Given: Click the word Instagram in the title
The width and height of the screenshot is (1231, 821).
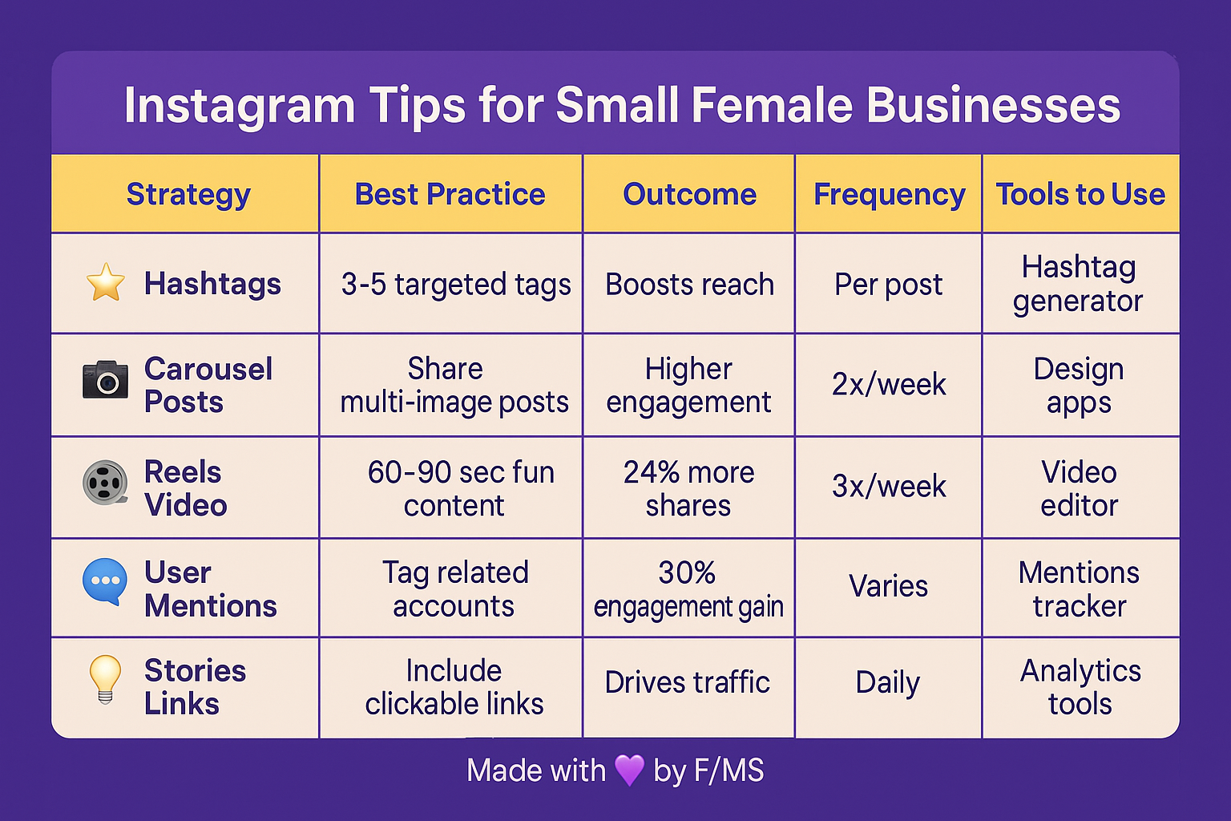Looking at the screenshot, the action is (240, 106).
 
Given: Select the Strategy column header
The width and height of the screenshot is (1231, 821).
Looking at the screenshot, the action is (188, 195).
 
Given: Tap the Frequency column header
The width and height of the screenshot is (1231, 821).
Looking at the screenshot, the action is (889, 195).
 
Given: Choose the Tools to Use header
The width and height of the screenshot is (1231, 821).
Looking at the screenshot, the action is (1080, 194).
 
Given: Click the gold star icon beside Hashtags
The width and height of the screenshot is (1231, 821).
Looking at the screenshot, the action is (106, 282).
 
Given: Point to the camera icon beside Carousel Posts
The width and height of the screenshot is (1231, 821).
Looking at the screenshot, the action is (106, 380).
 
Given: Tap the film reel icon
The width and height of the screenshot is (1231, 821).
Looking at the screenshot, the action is (106, 483).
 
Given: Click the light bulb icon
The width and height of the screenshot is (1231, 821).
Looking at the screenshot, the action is (105, 679).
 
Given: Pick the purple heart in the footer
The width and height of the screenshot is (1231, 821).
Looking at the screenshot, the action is (629, 770).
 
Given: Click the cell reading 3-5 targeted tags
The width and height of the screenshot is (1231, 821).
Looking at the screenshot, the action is (456, 285).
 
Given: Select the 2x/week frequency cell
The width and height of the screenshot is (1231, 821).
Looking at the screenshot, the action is (889, 384).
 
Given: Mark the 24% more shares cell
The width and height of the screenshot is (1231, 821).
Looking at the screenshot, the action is (688, 488).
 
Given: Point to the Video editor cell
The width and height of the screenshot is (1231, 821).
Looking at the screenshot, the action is (1080, 488).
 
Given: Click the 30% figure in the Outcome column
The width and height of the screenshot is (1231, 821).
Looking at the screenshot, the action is (687, 572).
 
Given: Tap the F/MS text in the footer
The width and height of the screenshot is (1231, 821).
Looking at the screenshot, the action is (729, 770).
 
